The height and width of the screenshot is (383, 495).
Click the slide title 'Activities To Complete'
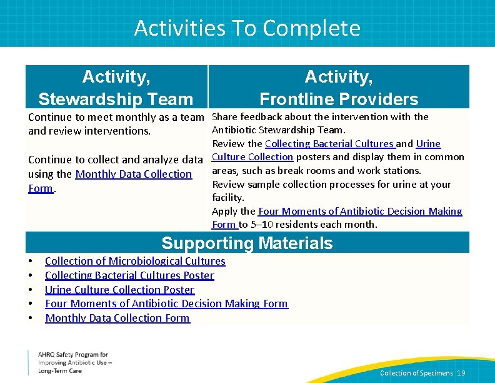247,28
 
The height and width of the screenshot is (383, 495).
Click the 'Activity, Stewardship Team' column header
116,88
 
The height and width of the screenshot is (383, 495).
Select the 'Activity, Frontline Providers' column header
339,88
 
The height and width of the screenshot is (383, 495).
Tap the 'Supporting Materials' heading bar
247,243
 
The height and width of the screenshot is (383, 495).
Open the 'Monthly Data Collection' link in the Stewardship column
133,174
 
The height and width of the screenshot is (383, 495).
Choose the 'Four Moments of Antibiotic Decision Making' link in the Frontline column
360,212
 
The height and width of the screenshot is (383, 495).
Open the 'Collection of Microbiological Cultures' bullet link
135,261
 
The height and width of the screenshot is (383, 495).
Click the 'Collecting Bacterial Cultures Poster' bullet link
129,275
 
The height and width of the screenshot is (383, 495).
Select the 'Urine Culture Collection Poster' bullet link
119,290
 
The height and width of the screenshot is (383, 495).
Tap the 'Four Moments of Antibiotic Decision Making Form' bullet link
166,304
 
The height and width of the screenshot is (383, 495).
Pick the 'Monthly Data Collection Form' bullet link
117,318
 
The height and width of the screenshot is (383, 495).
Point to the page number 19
461,373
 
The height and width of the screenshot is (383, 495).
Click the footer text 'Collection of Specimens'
416,373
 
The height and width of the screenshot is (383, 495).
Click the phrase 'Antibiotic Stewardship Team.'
278,130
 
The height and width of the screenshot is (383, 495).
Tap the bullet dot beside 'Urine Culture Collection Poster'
30,290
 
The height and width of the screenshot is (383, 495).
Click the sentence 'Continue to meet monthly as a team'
116,117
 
